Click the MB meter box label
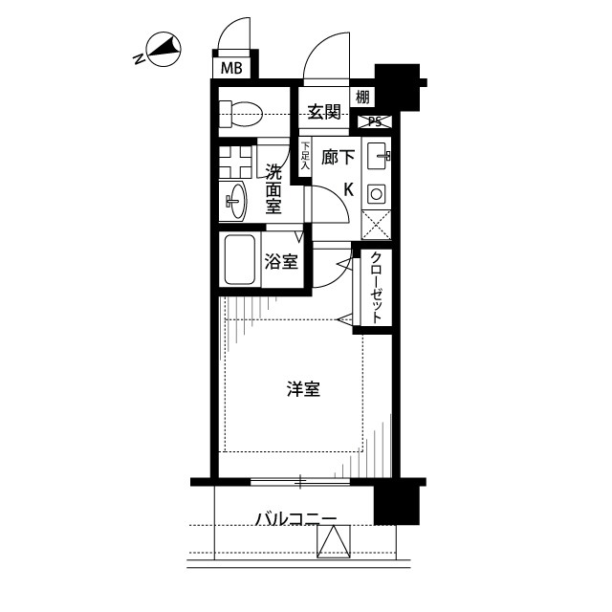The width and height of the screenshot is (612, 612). (231, 68)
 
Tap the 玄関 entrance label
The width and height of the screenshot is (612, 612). (324, 112)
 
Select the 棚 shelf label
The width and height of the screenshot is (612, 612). (362, 97)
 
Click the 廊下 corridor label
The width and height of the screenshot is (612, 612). (337, 159)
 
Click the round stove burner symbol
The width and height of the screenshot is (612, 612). (376, 194)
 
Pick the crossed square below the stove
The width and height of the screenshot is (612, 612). (376, 226)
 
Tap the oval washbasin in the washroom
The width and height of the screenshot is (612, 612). (235, 199)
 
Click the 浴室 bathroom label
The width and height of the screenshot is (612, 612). (279, 261)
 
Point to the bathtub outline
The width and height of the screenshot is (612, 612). (239, 260)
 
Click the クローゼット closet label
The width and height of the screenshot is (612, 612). (376, 287)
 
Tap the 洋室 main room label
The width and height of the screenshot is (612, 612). (303, 389)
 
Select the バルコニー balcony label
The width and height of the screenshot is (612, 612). (295, 519)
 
